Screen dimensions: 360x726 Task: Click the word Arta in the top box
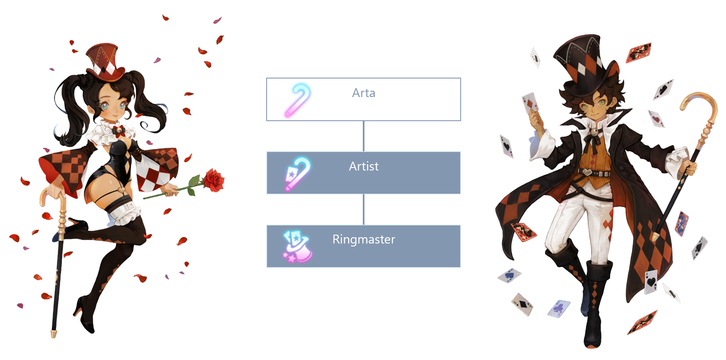tap(364, 93)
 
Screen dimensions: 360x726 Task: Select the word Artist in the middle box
tap(364, 166)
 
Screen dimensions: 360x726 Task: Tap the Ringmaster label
tap(364, 239)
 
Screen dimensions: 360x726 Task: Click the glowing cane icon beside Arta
tap(298, 100)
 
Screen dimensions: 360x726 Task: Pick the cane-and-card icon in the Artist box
tap(298, 173)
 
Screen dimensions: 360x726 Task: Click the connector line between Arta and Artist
tap(364, 136)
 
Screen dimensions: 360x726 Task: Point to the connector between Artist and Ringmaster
tap(364, 209)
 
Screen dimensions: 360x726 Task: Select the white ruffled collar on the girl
tap(111, 133)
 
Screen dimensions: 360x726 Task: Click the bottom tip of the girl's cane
tap(54, 334)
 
